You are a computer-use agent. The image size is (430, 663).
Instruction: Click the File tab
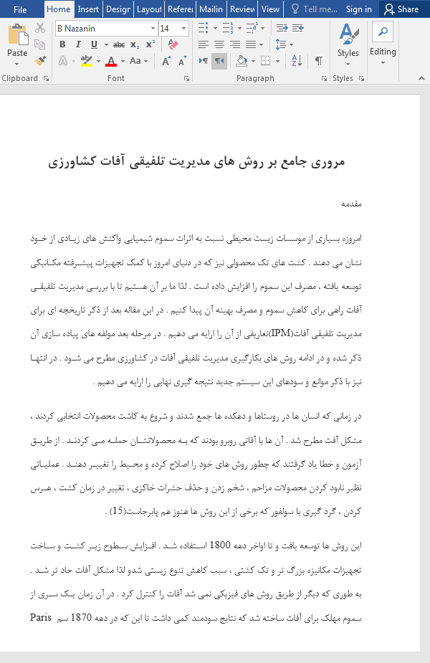(x=20, y=9)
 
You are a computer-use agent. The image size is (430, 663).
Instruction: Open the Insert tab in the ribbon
(x=88, y=9)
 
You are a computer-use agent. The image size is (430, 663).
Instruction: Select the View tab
(x=270, y=9)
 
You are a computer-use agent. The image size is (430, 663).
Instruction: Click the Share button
(x=401, y=9)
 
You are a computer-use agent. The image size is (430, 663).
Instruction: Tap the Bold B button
(x=62, y=44)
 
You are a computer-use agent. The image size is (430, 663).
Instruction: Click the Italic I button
(x=76, y=44)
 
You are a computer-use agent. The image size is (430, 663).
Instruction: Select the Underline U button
(x=90, y=44)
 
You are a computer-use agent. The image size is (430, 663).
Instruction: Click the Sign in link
(x=358, y=9)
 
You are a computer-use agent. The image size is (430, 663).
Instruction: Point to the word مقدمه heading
(x=351, y=204)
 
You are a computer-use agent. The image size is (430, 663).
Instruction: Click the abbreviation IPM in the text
(x=279, y=334)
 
